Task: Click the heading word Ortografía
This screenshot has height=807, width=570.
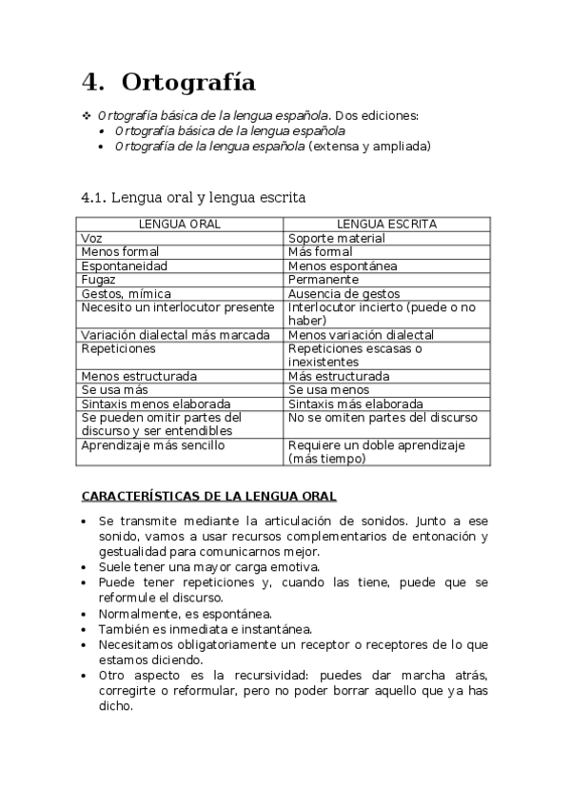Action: (x=189, y=82)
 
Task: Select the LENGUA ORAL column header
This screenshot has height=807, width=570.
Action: (x=180, y=224)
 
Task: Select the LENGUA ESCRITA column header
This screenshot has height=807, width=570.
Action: (x=387, y=224)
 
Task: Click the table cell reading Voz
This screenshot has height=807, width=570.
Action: (x=91, y=238)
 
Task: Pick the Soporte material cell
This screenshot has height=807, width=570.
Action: (x=336, y=238)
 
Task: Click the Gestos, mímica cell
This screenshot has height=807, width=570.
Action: (x=127, y=294)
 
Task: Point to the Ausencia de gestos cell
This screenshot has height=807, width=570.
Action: (x=344, y=294)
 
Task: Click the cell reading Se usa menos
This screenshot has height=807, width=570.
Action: (x=328, y=390)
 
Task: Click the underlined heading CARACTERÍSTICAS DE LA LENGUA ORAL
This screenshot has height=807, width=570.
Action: (x=208, y=496)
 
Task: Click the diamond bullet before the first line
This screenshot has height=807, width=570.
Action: (x=84, y=115)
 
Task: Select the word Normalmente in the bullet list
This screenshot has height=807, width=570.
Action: (x=137, y=613)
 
